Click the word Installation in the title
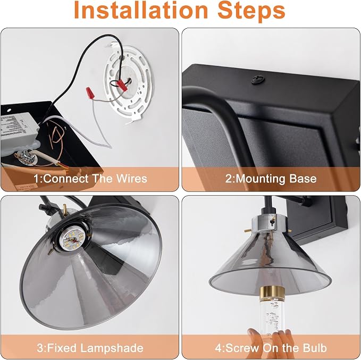(141, 10)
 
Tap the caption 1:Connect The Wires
(90, 179)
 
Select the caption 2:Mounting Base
(271, 179)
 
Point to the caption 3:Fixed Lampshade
(90, 348)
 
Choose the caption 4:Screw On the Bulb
(271, 348)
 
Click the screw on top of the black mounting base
(257, 80)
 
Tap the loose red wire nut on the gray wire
(90, 93)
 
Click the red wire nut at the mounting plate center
(122, 85)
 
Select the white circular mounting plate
(128, 83)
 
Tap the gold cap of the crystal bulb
(272, 294)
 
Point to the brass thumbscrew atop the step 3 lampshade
(65, 210)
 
